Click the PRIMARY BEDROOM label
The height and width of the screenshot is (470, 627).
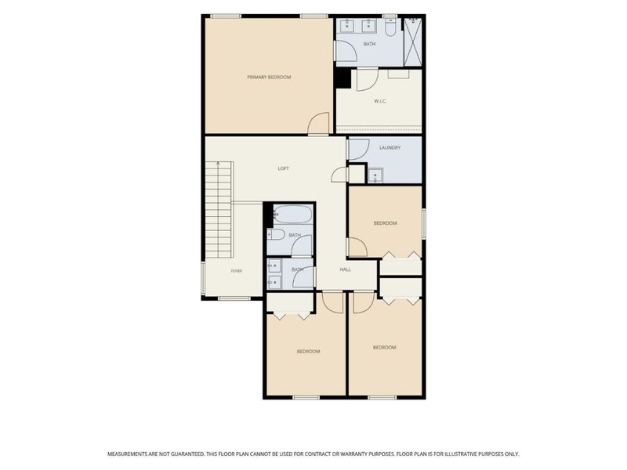269,77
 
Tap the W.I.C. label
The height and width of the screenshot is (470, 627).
380,101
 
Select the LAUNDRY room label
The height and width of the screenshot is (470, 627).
390,147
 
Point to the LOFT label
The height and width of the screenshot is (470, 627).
283,168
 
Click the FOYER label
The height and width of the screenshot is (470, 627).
237,271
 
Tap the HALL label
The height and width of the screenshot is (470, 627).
346,269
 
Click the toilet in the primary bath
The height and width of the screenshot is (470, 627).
390,27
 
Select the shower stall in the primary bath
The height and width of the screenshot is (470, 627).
413,42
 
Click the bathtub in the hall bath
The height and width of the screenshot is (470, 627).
292,214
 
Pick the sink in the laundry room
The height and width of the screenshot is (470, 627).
375,175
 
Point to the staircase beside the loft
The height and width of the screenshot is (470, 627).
219,209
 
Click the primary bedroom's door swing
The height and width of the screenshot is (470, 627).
319,123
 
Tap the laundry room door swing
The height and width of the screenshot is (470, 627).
359,149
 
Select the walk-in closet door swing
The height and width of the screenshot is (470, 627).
367,80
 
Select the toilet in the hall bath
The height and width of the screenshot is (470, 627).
276,234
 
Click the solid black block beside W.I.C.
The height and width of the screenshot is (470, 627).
342,78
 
